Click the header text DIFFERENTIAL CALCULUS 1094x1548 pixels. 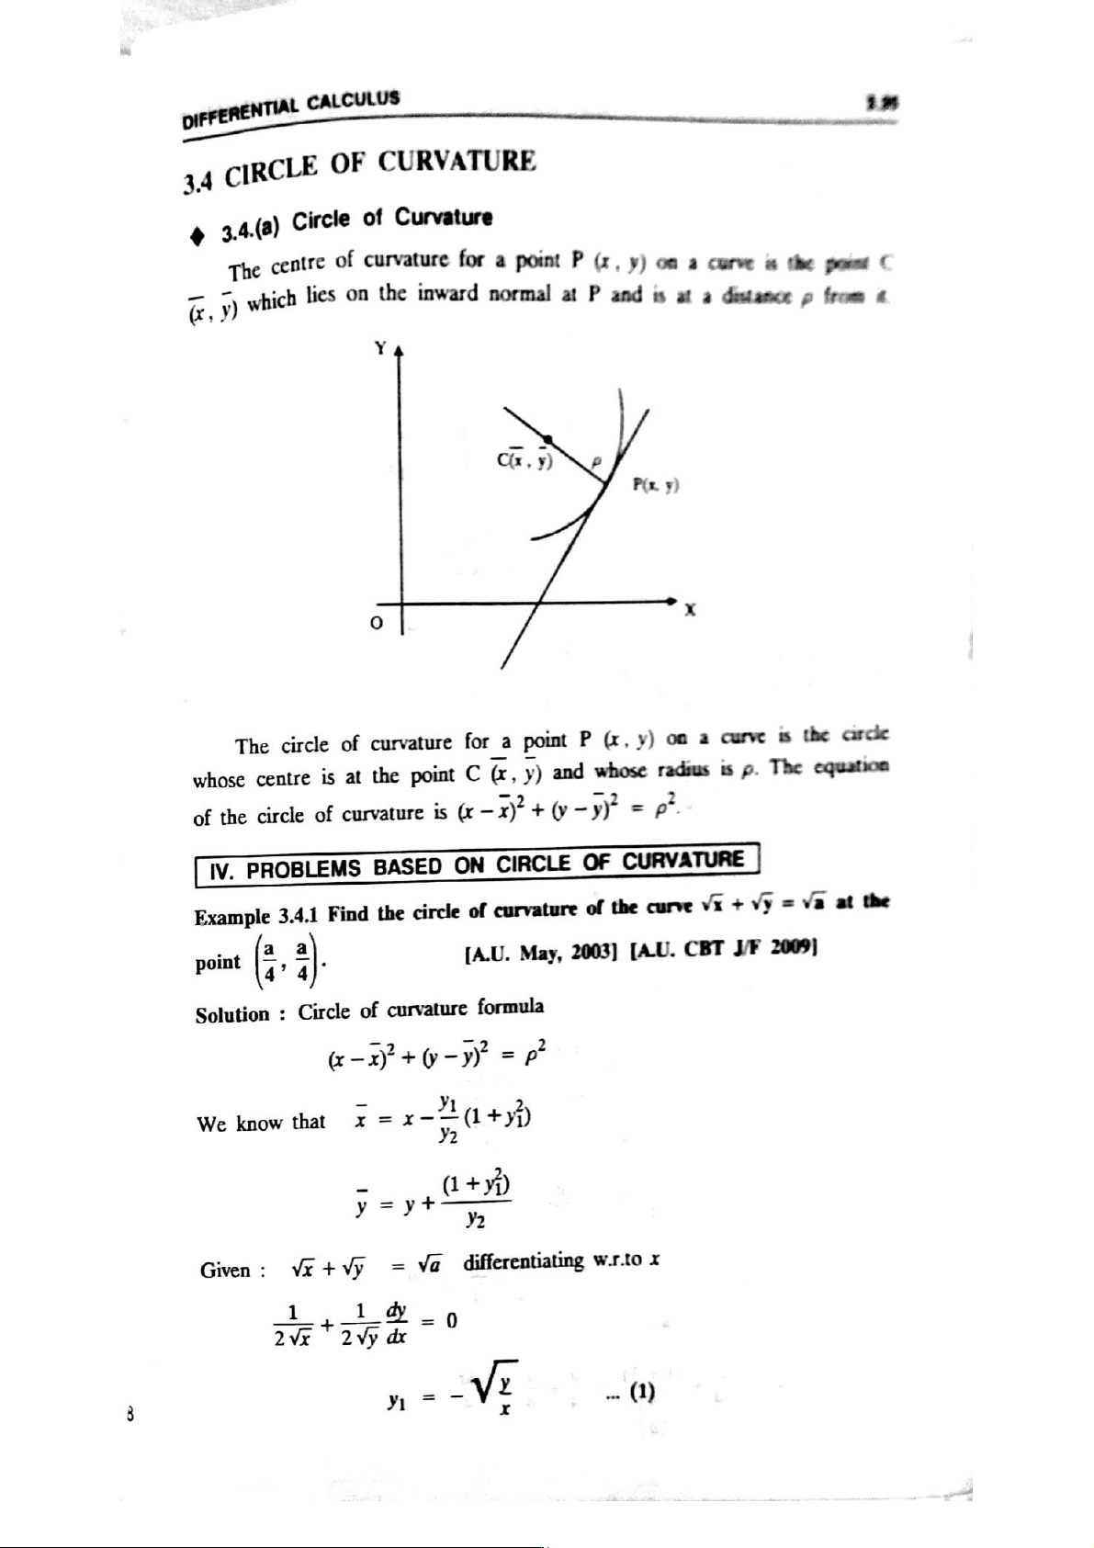(x=290, y=108)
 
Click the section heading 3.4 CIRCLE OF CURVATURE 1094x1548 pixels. (x=358, y=171)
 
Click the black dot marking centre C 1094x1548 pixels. (x=548, y=439)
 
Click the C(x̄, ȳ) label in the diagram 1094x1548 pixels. (x=523, y=459)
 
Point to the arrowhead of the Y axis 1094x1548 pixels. (x=399, y=354)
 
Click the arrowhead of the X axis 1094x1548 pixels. (x=673, y=600)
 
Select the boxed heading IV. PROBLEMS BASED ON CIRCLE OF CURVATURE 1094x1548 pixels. (x=478, y=864)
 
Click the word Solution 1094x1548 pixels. (x=232, y=1014)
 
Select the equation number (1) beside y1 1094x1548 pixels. (x=636, y=1392)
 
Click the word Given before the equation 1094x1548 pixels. (x=225, y=1271)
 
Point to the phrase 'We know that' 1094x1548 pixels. (x=261, y=1123)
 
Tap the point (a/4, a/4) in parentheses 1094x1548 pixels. (x=285, y=960)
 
